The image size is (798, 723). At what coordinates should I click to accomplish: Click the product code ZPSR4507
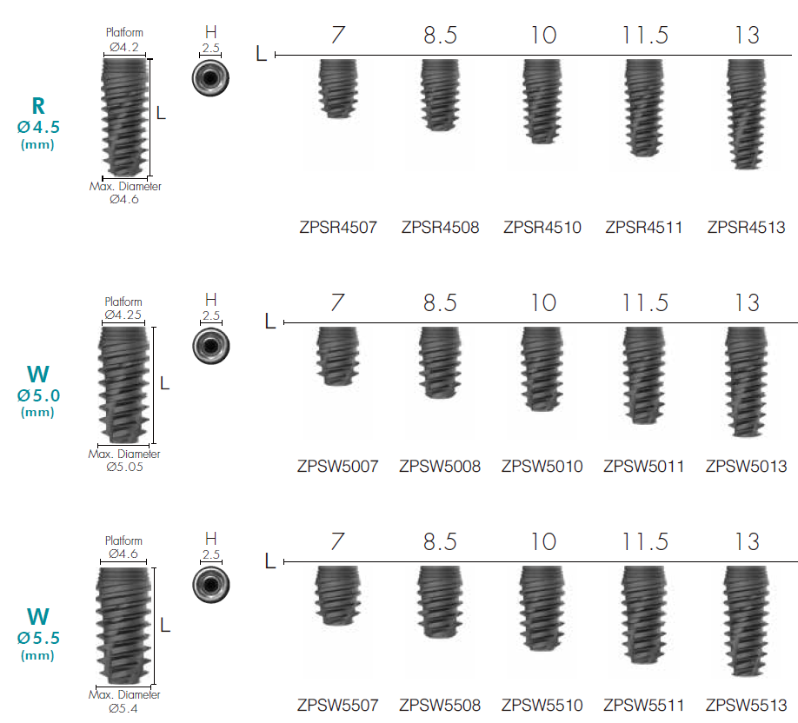click(x=338, y=229)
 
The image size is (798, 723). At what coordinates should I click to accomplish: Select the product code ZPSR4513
click(x=746, y=229)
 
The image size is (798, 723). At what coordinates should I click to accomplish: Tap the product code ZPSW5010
click(x=542, y=467)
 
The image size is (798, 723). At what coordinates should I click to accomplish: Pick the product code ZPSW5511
click(x=643, y=705)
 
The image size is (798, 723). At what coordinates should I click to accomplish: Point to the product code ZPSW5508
click(x=440, y=705)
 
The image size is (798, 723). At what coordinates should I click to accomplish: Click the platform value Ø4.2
click(x=123, y=46)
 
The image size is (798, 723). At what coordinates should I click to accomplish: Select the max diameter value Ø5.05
click(x=124, y=467)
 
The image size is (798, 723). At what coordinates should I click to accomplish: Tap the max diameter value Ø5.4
click(x=123, y=708)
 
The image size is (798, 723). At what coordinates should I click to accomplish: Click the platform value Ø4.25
click(x=123, y=315)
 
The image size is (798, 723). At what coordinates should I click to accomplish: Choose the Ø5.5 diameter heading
click(x=37, y=638)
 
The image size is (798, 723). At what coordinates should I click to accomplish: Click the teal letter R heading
click(x=37, y=106)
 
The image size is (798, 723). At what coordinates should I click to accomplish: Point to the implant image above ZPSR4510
click(x=542, y=101)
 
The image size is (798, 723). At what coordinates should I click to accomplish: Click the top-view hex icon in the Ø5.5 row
click(x=210, y=583)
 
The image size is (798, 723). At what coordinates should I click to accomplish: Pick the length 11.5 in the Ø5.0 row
click(x=644, y=302)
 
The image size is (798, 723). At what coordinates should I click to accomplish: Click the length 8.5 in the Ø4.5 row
click(x=440, y=35)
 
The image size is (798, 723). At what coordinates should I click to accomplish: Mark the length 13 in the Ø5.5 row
click(x=746, y=541)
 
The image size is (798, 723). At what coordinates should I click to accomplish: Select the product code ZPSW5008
click(x=440, y=467)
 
